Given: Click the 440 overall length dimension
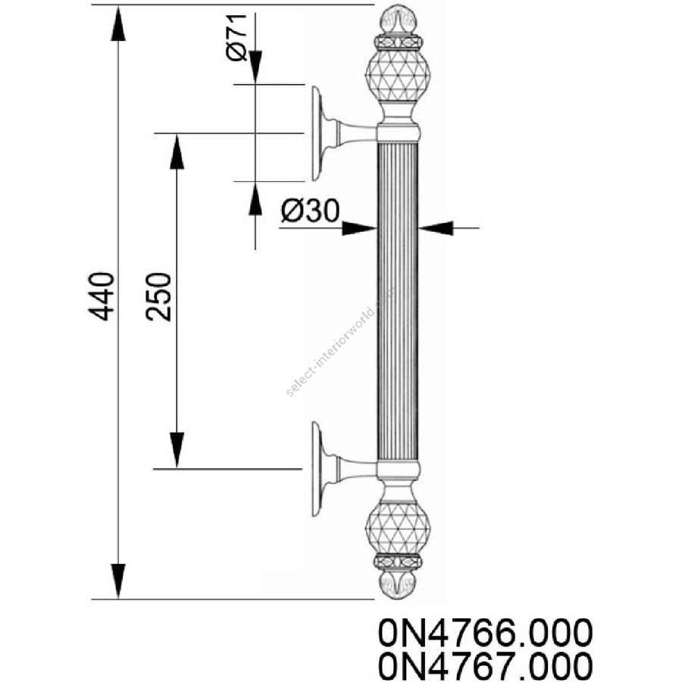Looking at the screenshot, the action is click(102, 296).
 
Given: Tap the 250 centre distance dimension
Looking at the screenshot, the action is click(159, 296).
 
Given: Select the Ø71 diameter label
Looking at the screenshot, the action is click(237, 37).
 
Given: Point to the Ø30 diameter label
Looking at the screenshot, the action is click(310, 211).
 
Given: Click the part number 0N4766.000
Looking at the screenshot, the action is click(485, 633).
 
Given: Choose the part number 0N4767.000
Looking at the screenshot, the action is click(485, 666).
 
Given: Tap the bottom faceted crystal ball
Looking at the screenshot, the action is click(397, 528).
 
